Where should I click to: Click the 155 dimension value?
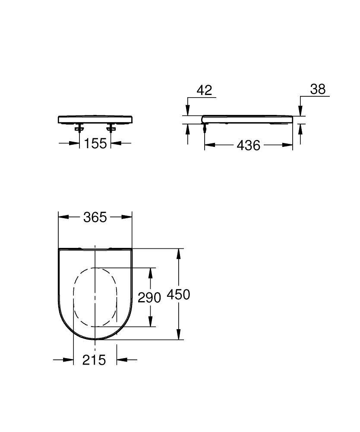[x=95, y=143]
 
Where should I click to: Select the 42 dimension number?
[x=204, y=90]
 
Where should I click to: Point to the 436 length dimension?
[x=249, y=146]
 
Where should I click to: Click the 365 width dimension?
[x=95, y=217]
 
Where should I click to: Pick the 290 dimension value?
[x=149, y=297]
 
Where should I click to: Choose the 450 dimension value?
[x=178, y=295]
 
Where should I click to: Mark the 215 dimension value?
[x=94, y=359]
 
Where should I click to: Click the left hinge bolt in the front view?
[x=79, y=127]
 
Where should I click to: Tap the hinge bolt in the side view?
[x=204, y=127]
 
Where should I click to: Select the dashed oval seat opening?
[x=95, y=297]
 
